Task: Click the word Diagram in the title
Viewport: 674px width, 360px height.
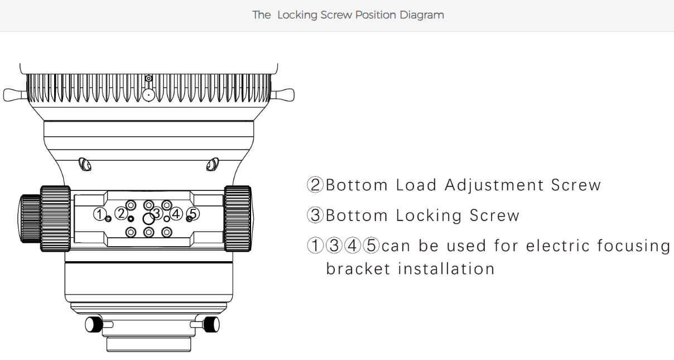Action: [x=422, y=15]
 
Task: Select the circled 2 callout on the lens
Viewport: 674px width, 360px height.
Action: [x=121, y=213]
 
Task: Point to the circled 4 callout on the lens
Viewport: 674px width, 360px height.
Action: [x=176, y=214]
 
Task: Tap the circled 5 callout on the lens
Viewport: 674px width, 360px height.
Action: [x=193, y=213]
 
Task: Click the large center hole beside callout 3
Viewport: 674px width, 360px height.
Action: [x=148, y=219]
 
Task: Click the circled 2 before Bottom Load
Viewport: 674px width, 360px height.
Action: [x=315, y=185]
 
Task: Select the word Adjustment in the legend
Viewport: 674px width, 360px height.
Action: [x=494, y=185]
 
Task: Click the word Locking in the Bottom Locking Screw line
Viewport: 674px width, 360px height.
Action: [x=429, y=215]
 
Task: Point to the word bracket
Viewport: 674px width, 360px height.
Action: [x=358, y=269]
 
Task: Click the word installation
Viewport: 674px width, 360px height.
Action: [x=446, y=269]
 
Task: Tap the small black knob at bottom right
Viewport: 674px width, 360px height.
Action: [x=211, y=324]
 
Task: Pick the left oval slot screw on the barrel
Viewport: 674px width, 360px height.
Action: [x=85, y=164]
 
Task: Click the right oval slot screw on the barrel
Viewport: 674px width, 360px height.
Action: [x=213, y=164]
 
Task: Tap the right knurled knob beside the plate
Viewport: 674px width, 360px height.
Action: [x=238, y=219]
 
